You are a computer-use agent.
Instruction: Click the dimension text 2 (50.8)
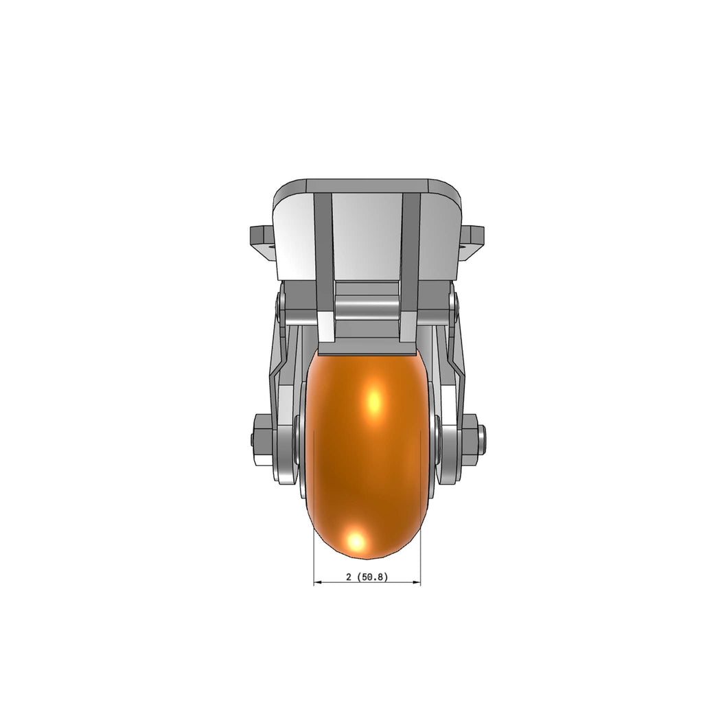point(367,577)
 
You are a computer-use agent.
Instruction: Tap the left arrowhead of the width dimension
point(318,582)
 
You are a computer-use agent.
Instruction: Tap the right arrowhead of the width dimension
point(416,582)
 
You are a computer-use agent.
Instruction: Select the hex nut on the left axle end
point(263,440)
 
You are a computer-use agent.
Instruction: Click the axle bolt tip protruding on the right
point(483,440)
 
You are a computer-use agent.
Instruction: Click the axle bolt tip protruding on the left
point(251,440)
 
